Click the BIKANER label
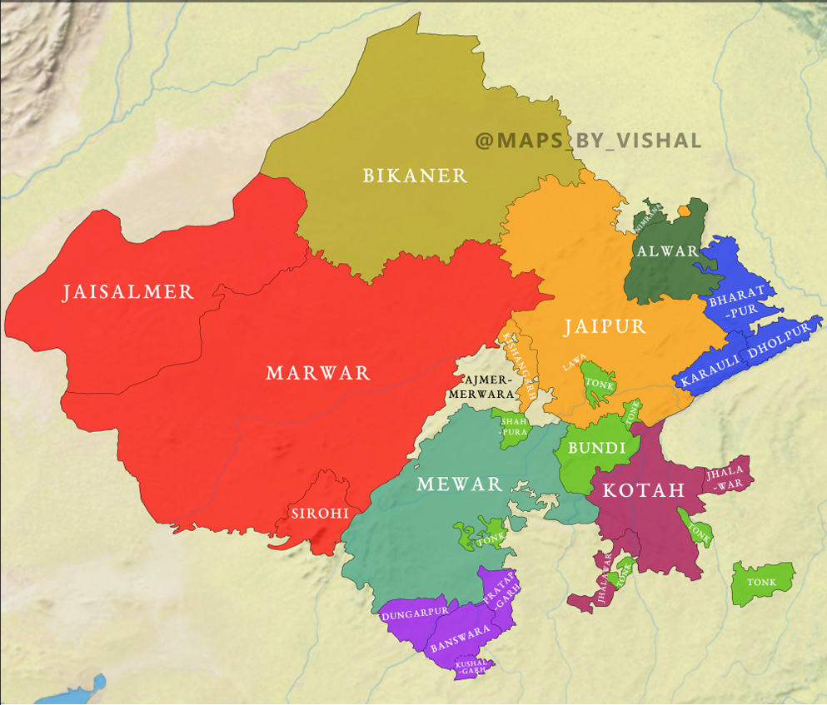pos(415,176)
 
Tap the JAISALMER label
pos(128,292)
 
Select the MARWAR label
pos(318,373)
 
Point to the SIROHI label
pos(320,514)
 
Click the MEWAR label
pos(460,484)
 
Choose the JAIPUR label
pos(605,327)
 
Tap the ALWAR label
pos(666,251)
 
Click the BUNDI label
pos(596,449)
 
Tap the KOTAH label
pos(643,490)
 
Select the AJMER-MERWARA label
pos(481,386)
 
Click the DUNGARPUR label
pos(415,612)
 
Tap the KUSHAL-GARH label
pos(472,666)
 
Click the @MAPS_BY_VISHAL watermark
pos(588,141)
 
